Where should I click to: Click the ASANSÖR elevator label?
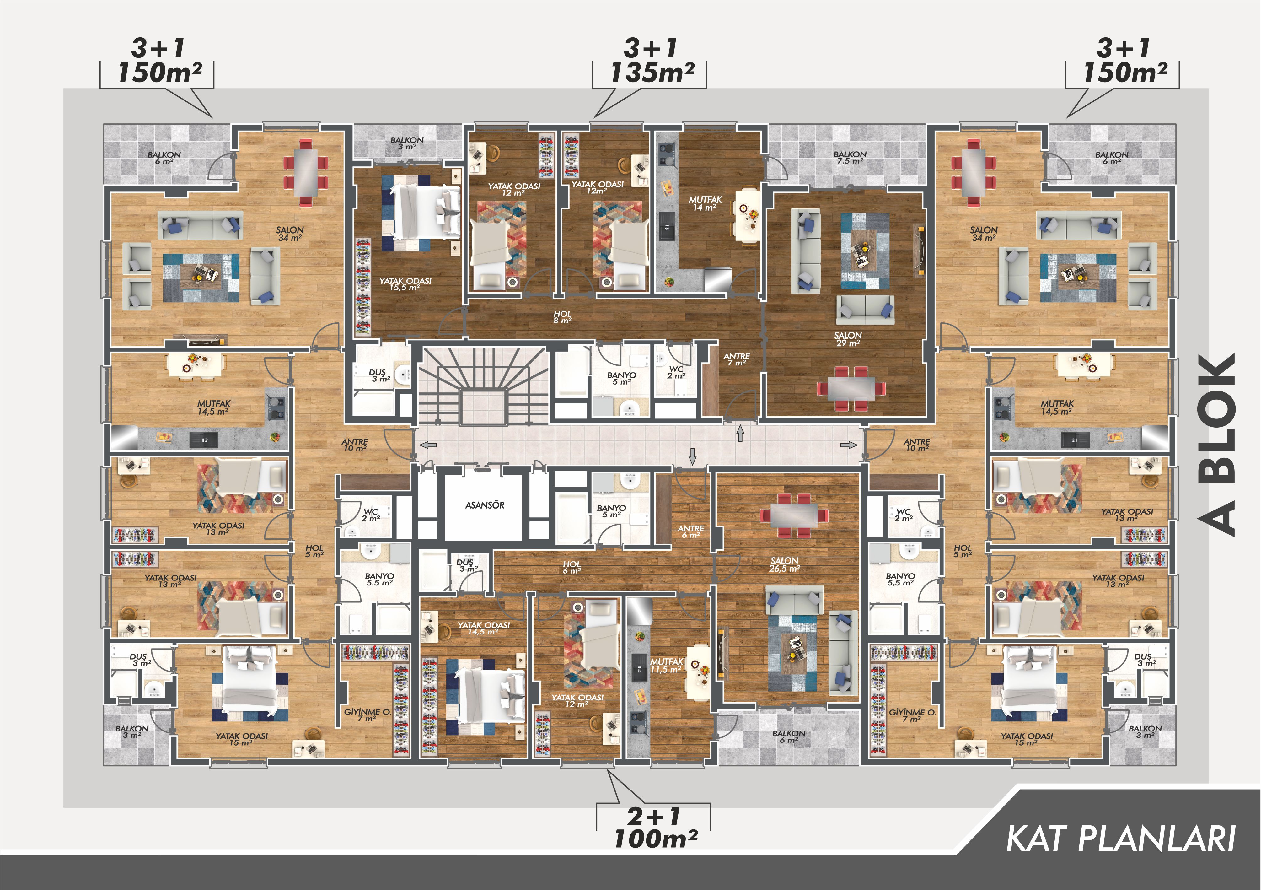tap(485, 505)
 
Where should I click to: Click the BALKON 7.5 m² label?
tap(850, 158)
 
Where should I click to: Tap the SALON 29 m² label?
tap(848, 339)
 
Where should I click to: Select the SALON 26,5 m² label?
tap(784, 564)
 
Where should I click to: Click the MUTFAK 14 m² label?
tap(705, 203)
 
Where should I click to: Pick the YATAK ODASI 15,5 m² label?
tap(405, 284)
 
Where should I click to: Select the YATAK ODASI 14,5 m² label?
tap(483, 628)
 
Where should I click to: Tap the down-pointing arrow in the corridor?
tap(692, 456)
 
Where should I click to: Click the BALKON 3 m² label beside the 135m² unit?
tap(407, 143)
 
